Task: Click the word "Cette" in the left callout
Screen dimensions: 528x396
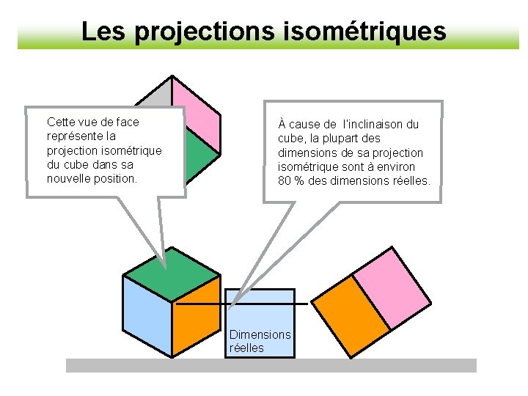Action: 61,122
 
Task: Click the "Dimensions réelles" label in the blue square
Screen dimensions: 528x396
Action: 260,341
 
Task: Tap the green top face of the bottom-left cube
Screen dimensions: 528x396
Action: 171,275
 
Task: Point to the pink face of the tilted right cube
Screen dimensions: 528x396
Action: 392,286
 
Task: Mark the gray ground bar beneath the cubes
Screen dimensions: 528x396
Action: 271,365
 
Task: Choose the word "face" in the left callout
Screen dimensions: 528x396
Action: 126,122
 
